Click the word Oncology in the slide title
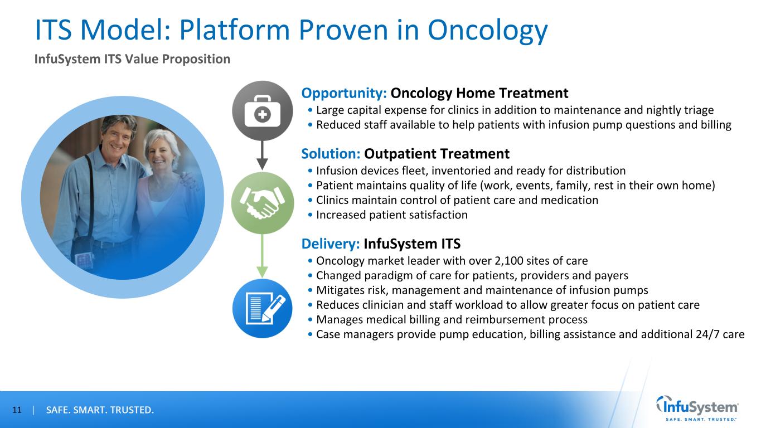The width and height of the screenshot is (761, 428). (487, 31)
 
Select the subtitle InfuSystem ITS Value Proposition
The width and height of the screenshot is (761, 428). (132, 59)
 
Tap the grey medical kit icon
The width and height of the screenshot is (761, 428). (262, 111)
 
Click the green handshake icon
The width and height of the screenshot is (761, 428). (262, 203)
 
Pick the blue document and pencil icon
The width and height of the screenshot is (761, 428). (262, 308)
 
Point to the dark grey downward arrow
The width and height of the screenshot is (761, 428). (262, 155)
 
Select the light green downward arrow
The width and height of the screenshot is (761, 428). (262, 256)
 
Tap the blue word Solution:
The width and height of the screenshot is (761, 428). (331, 154)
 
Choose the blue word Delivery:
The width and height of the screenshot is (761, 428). (331, 244)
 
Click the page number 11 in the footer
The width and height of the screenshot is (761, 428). (17, 410)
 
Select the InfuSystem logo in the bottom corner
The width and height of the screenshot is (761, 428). (697, 408)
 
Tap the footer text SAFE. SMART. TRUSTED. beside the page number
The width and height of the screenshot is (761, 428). (100, 410)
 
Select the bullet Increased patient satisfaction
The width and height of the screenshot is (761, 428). (392, 215)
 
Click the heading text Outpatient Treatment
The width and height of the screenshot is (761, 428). (437, 154)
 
